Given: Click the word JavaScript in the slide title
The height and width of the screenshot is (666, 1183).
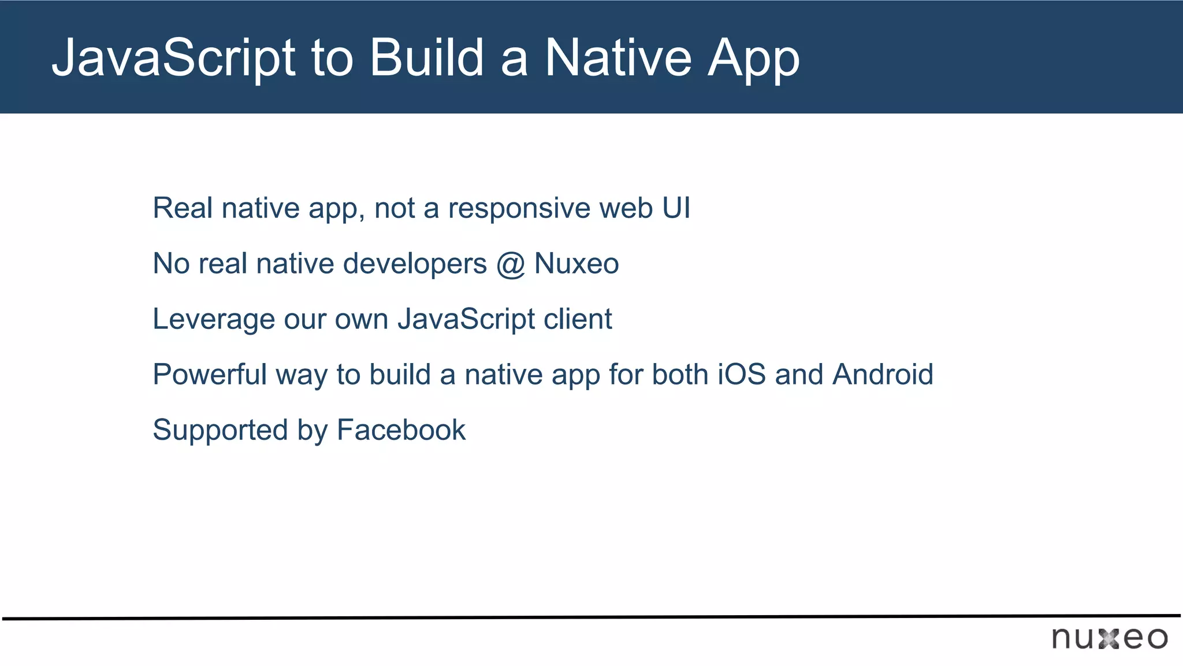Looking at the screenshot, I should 173,58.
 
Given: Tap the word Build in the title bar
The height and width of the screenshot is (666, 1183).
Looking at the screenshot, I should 426,58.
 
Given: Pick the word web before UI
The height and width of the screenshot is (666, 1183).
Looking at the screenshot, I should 626,208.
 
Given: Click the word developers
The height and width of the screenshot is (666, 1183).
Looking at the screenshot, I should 415,264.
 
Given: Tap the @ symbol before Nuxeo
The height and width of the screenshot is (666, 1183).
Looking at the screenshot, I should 510,264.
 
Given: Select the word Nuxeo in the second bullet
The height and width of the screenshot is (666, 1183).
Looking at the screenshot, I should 576,264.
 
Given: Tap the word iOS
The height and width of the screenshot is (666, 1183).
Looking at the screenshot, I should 741,374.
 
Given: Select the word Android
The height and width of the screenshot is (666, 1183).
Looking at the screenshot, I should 882,374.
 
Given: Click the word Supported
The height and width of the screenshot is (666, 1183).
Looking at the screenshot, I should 220,431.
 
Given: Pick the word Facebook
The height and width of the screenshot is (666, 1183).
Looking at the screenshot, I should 401,430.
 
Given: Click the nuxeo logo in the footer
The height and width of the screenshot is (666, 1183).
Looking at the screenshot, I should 1109,638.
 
